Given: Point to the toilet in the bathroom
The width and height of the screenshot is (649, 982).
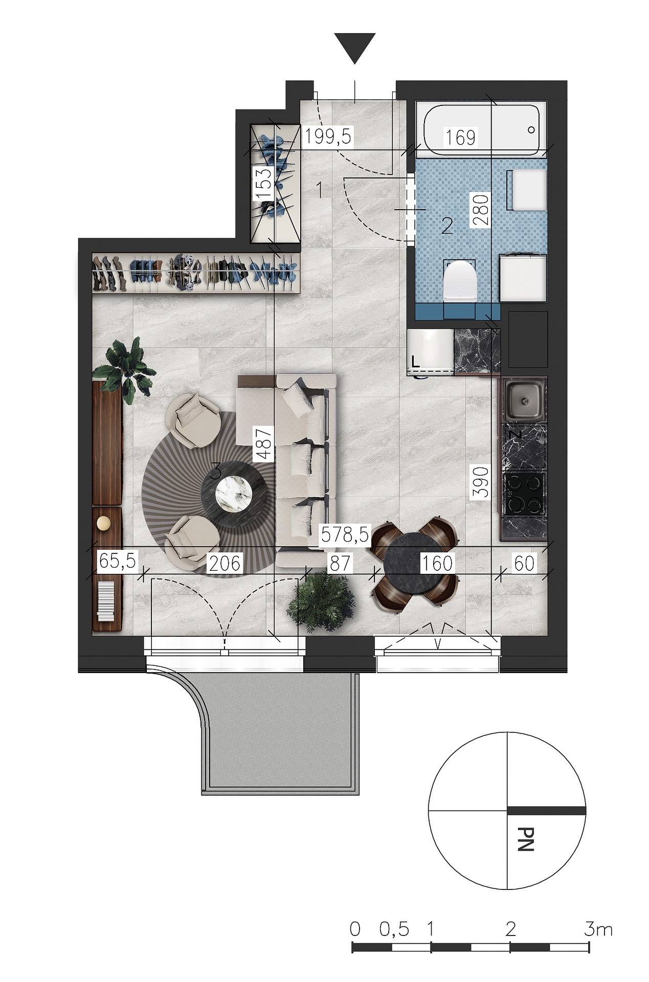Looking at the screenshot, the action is [460, 280].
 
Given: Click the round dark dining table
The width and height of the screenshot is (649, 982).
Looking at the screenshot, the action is [415, 564].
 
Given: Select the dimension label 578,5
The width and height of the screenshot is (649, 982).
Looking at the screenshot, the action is [344, 535].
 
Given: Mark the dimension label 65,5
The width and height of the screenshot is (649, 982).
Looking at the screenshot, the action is [117, 561].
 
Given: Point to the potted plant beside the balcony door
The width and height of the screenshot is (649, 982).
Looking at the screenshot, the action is [321, 603].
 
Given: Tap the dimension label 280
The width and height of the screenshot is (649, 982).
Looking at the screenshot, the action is [481, 208].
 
